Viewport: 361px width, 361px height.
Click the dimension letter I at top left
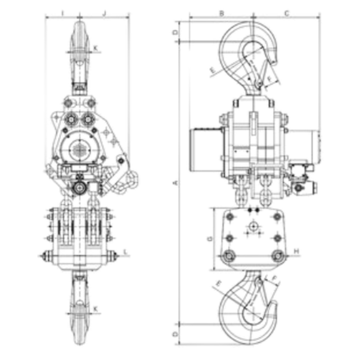click(x=62, y=13)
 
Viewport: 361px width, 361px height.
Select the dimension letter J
click(x=104, y=13)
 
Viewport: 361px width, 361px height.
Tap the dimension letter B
click(x=222, y=13)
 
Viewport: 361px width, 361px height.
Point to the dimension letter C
click(x=287, y=13)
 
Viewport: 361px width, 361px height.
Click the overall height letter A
click(x=175, y=183)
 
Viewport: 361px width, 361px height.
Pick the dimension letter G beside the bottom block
click(x=210, y=239)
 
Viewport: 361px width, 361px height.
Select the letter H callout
click(x=297, y=251)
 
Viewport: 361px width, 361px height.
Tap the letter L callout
click(x=125, y=252)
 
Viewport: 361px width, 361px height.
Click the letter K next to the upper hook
click(x=96, y=48)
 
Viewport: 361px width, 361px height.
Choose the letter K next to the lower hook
click(x=96, y=309)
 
